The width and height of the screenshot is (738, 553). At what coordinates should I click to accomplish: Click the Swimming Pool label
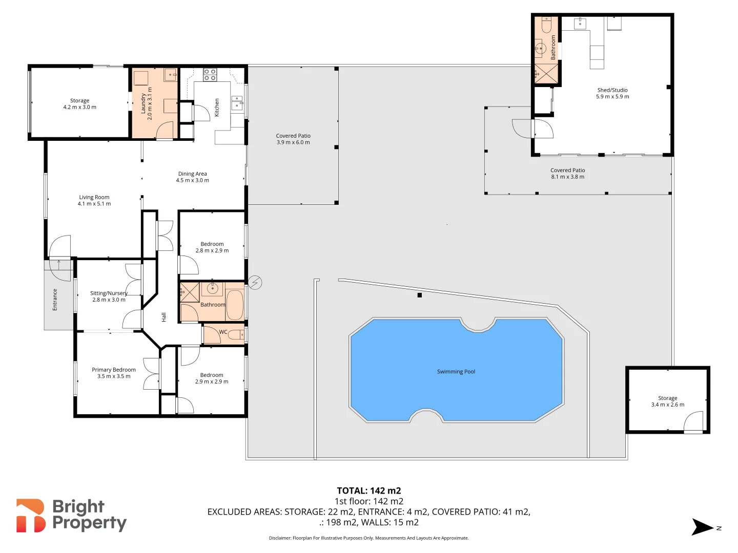pos(456,372)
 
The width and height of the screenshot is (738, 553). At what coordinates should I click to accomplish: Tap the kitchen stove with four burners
pos(210,75)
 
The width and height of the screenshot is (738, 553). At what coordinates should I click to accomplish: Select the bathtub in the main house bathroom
pos(235,305)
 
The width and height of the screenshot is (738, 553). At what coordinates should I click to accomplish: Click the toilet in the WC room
pos(236,335)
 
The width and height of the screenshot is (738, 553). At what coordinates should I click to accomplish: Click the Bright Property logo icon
pos(31,516)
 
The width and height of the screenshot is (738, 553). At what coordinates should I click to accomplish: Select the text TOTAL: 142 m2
pos(368,491)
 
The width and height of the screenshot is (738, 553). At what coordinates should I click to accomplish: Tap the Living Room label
pos(94,197)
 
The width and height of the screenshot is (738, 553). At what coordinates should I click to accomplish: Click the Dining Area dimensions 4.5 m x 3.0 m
pos(192,180)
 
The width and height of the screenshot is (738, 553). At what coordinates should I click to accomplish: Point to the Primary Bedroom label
pos(114,370)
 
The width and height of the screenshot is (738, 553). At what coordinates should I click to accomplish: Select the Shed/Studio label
pos(612,90)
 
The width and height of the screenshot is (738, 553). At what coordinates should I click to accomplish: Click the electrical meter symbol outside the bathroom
pos(255,282)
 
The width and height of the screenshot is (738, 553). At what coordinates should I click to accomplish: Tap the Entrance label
pos(55,300)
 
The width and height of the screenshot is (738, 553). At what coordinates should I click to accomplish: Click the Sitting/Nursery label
pos(109,293)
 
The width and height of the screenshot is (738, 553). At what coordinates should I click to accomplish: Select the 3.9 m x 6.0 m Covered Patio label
pos(293,139)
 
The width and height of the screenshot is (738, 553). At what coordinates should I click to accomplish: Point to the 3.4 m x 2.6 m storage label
pos(667,401)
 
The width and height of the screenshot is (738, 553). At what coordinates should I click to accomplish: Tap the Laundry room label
pos(143,103)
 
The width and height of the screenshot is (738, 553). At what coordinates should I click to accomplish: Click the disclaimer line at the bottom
pos(368,538)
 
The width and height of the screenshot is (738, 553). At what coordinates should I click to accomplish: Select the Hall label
pos(164,317)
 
